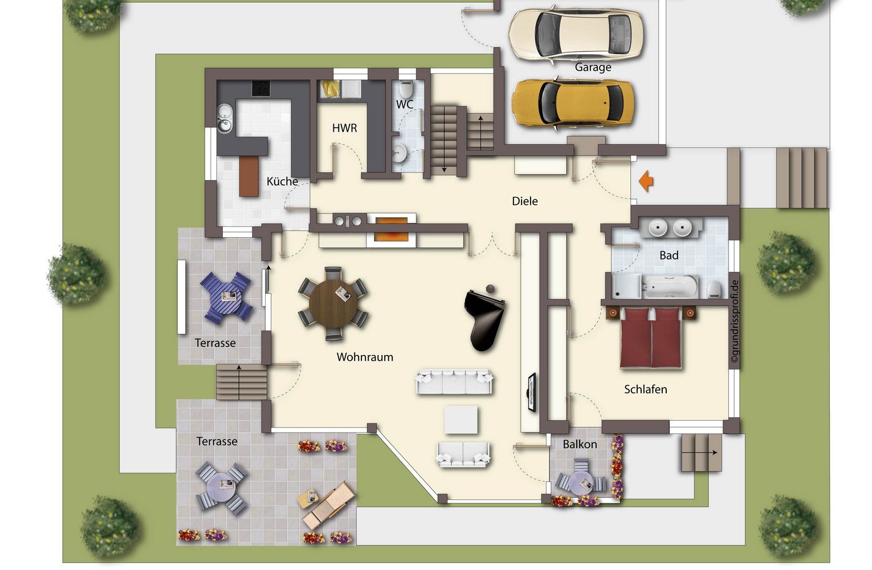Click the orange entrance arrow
tap(646, 181)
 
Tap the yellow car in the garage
tap(573, 104)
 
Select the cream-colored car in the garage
tap(576, 34)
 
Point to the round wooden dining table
tap(333, 304)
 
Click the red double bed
tap(651, 338)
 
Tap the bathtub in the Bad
tap(670, 286)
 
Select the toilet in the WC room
tap(406, 89)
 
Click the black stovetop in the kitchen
tap(261, 88)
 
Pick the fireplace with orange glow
tap(391, 230)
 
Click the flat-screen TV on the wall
tap(532, 392)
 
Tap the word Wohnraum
tap(365, 357)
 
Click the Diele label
tap(525, 201)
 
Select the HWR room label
tap(344, 128)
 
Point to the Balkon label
tap(580, 444)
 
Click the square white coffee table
tap(461, 420)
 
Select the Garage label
tap(593, 67)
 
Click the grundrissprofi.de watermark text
tap(735, 321)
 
